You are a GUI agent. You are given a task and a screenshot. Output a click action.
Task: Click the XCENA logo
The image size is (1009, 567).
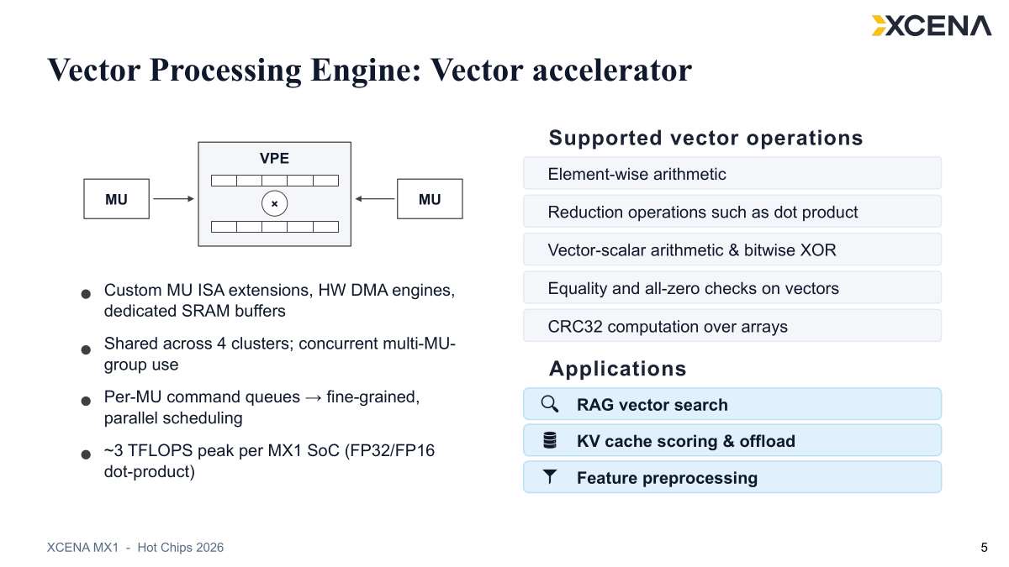click(x=931, y=26)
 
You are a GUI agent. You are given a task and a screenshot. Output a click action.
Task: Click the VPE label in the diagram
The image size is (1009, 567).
click(x=274, y=159)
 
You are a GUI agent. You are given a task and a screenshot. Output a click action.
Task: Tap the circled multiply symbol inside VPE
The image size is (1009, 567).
click(x=274, y=203)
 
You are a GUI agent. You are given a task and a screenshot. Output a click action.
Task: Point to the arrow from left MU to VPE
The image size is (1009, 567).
click(x=173, y=198)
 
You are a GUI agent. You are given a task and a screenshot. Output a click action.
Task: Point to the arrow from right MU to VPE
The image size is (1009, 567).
click(x=375, y=198)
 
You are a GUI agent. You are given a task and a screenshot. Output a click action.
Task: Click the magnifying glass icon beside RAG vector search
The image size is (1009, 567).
click(x=550, y=404)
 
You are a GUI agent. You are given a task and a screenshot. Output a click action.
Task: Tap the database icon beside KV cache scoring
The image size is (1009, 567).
click(x=550, y=440)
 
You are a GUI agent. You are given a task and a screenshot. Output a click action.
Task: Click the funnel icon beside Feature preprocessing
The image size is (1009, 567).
click(x=550, y=476)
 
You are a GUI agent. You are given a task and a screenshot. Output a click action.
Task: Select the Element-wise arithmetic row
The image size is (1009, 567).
click(x=732, y=173)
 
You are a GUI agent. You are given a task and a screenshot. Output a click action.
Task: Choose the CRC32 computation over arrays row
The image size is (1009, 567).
click(x=732, y=326)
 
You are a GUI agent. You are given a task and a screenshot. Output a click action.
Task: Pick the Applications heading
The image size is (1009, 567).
click(x=617, y=369)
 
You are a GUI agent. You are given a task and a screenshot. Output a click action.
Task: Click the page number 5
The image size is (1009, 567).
click(x=984, y=548)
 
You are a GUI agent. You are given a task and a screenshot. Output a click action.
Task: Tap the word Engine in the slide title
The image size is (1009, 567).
click(x=365, y=71)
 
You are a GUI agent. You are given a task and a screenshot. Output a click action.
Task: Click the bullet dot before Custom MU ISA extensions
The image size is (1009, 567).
click(x=86, y=294)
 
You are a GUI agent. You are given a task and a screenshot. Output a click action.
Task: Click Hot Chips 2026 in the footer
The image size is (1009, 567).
click(x=180, y=548)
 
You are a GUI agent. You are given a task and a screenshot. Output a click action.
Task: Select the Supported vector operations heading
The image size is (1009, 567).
click(x=705, y=138)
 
